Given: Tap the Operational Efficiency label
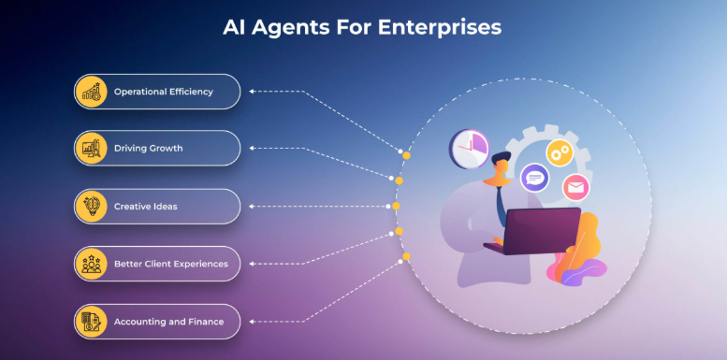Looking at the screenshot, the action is (164, 92).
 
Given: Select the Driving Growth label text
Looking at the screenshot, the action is (149, 149).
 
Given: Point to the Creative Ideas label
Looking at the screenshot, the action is (145, 206).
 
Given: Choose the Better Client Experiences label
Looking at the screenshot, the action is (170, 264).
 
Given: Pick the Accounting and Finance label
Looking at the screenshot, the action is (168, 322).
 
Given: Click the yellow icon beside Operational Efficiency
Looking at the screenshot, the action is (92, 92).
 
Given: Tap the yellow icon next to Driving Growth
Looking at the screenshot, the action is (92, 149).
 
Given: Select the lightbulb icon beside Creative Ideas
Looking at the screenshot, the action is (92, 207).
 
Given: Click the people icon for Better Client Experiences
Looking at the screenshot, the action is (92, 264).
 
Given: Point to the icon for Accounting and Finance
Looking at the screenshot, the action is (92, 322).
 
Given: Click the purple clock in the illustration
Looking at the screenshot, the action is (469, 148).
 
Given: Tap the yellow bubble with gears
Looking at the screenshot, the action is (560, 151).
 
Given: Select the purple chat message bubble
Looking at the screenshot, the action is (534, 175).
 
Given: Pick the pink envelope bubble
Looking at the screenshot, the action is (575, 187).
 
